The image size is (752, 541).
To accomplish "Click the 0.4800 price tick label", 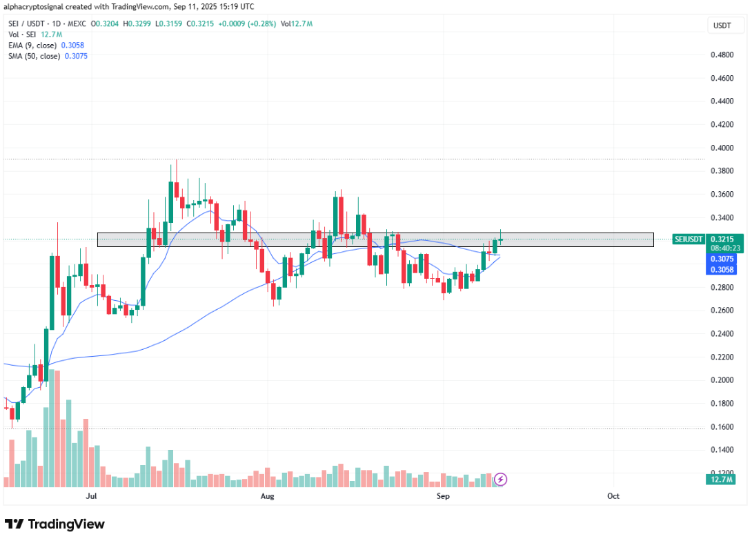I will tap(722, 55).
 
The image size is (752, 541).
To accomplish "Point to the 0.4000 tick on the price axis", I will tap(722, 148).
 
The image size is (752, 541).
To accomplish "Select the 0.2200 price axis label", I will tap(722, 357).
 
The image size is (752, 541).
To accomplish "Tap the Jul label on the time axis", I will tap(90, 496).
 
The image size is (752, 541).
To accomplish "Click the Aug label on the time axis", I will tap(268, 496).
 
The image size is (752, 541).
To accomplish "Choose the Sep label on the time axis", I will tap(443, 496).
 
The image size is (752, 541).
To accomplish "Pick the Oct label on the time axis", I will tap(613, 496).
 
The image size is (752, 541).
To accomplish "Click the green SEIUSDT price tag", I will tap(688, 239).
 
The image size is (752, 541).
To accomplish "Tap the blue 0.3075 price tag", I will tap(722, 259).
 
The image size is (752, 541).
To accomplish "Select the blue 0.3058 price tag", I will tap(722, 269).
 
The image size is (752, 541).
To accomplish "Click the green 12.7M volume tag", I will tap(722, 479).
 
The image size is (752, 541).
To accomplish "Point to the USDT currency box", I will tap(722, 26).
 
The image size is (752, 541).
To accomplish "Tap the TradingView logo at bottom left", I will tap(55, 524).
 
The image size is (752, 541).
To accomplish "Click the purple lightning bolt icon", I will tap(502, 478).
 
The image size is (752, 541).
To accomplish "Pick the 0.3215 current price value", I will tap(722, 239).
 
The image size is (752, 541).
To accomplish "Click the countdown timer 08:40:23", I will tap(722, 248).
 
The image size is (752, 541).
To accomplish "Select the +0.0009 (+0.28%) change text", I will tap(246, 24).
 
